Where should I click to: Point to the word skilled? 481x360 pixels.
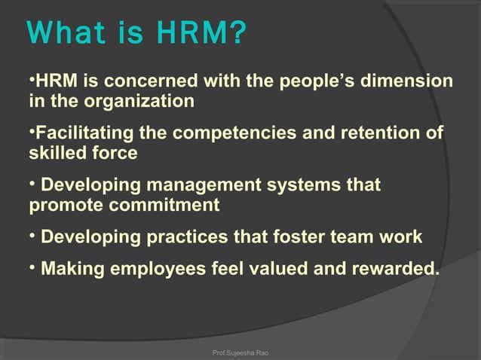pyautogui.click(x=57, y=154)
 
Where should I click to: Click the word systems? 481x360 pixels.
pyautogui.click(x=287, y=185)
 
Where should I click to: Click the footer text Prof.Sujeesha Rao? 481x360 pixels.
pyautogui.click(x=240, y=351)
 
